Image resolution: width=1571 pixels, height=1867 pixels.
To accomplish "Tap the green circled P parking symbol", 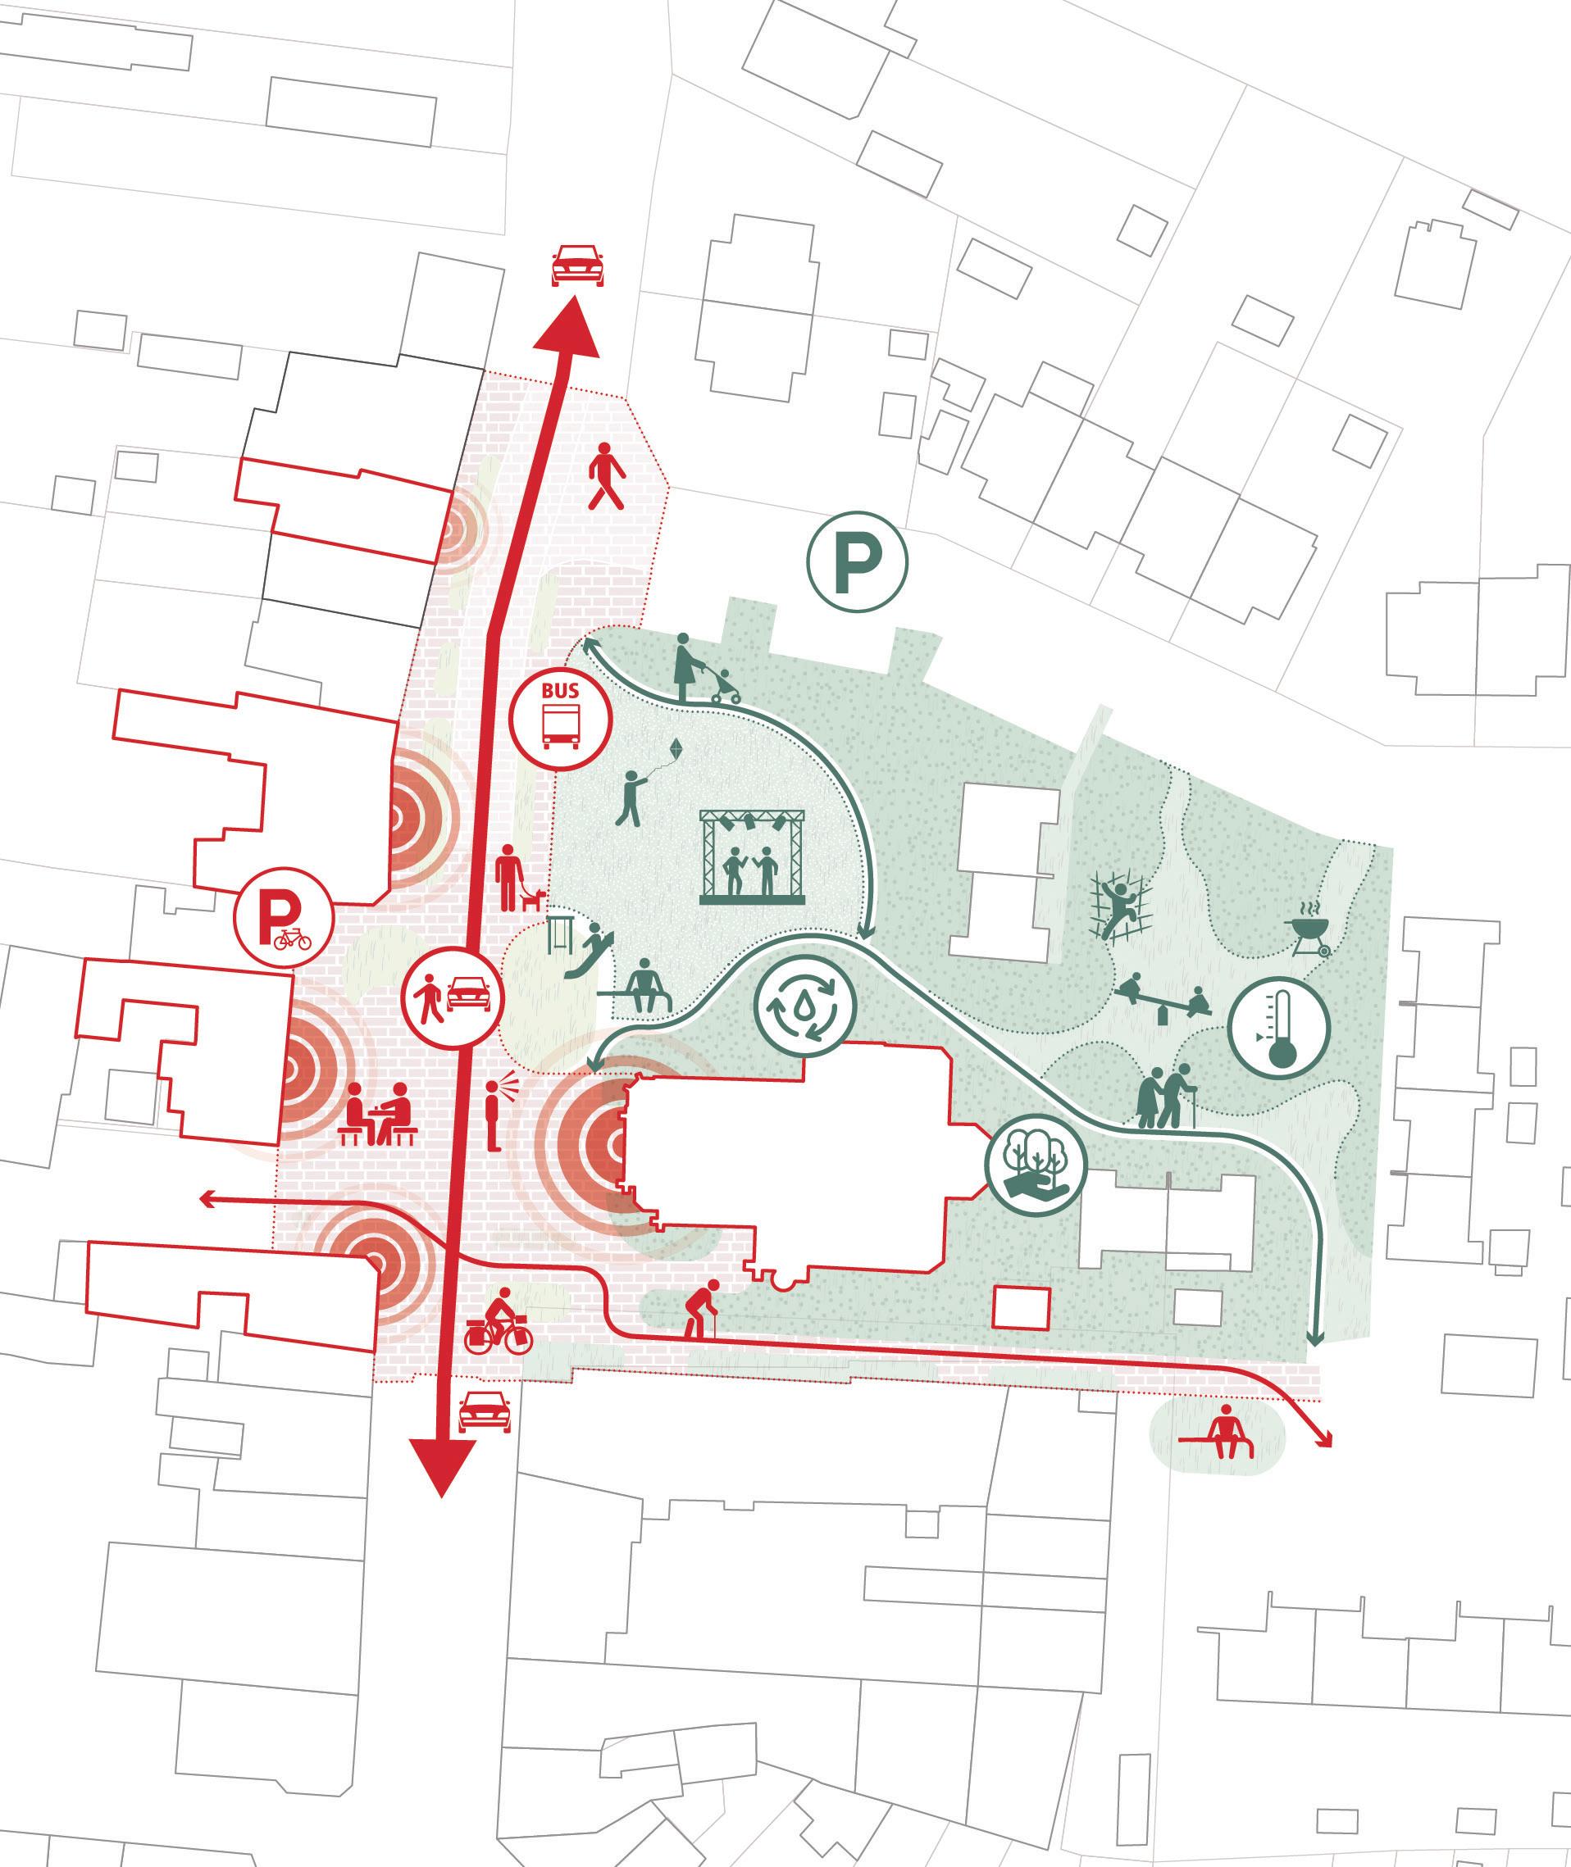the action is (x=857, y=561).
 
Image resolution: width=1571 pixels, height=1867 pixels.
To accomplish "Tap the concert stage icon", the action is (x=753, y=856).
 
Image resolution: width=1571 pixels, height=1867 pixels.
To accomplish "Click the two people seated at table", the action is (x=379, y=1115).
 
